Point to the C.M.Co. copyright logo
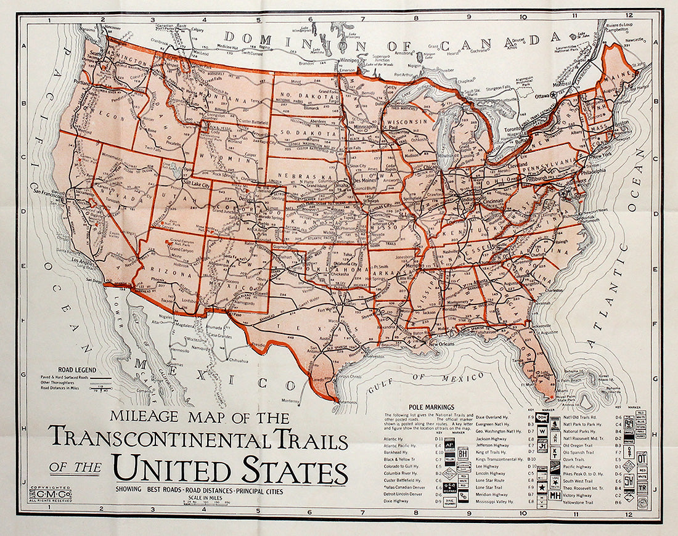pyautogui.click(x=50, y=493)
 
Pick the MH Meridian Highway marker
pyautogui.click(x=555, y=495)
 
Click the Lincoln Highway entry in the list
pyautogui.click(x=491, y=473)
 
